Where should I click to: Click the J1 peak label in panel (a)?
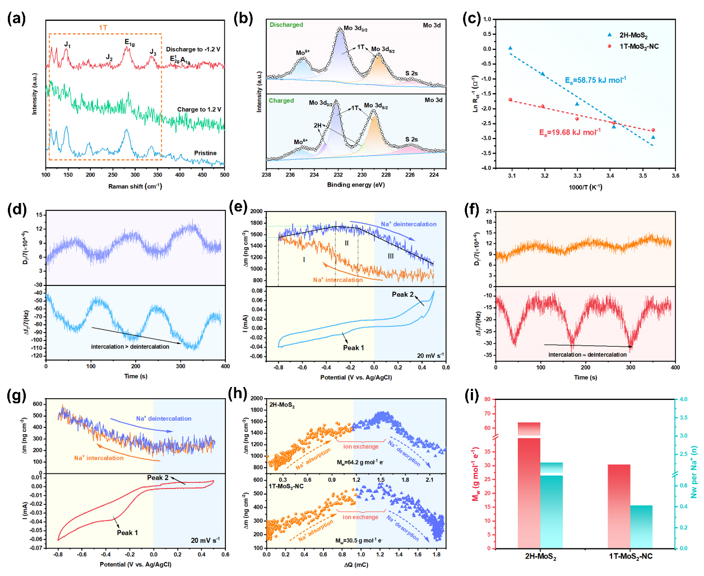pos(67,44)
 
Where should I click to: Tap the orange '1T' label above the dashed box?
pos(103,27)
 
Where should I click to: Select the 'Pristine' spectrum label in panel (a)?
pos(205,153)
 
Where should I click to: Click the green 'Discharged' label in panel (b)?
pos(286,25)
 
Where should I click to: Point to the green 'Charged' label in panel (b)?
pos(281,100)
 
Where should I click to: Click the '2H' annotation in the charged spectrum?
pos(318,126)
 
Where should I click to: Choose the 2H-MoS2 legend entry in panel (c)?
pos(633,35)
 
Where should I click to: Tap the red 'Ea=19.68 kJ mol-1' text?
pos(569,132)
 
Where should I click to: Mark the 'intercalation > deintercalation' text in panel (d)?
pos(130,347)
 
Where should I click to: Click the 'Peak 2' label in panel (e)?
pos(402,294)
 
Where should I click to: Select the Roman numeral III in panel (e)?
pos(391,256)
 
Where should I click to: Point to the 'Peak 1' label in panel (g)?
pos(127,533)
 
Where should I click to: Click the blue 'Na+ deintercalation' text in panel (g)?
pos(164,418)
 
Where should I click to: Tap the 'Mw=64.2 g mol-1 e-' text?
pos(360,463)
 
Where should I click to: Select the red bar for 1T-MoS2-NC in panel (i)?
pos(619,506)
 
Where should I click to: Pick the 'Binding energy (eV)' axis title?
pos(356,185)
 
